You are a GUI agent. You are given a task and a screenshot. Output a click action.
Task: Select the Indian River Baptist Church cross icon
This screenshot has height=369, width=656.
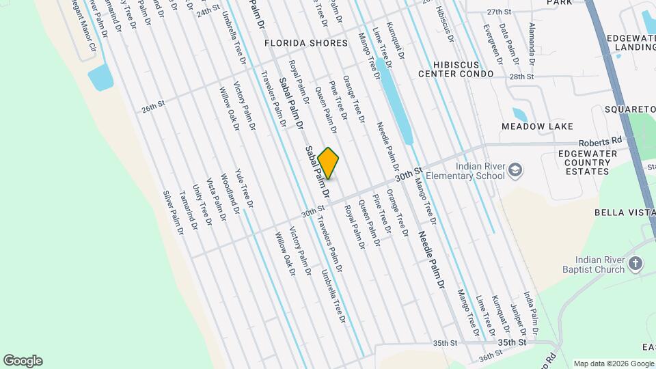click(635, 264)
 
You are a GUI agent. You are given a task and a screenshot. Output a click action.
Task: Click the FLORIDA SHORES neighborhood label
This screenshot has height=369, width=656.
click(307, 43)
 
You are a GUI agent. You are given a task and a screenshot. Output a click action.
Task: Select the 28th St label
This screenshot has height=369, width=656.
click(521, 77)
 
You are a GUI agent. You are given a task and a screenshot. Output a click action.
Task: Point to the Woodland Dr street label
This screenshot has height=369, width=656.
click(230, 193)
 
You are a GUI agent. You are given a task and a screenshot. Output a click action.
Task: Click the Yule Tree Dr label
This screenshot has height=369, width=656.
click(244, 188)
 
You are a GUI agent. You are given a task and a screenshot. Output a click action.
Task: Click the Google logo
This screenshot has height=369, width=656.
click(23, 361)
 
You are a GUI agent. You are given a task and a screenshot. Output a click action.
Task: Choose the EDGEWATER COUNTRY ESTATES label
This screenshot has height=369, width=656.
click(583, 163)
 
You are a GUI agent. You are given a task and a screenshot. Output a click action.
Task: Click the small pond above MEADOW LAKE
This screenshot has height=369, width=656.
click(519, 114)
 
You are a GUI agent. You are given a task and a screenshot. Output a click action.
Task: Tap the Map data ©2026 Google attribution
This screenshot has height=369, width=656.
click(614, 364)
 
